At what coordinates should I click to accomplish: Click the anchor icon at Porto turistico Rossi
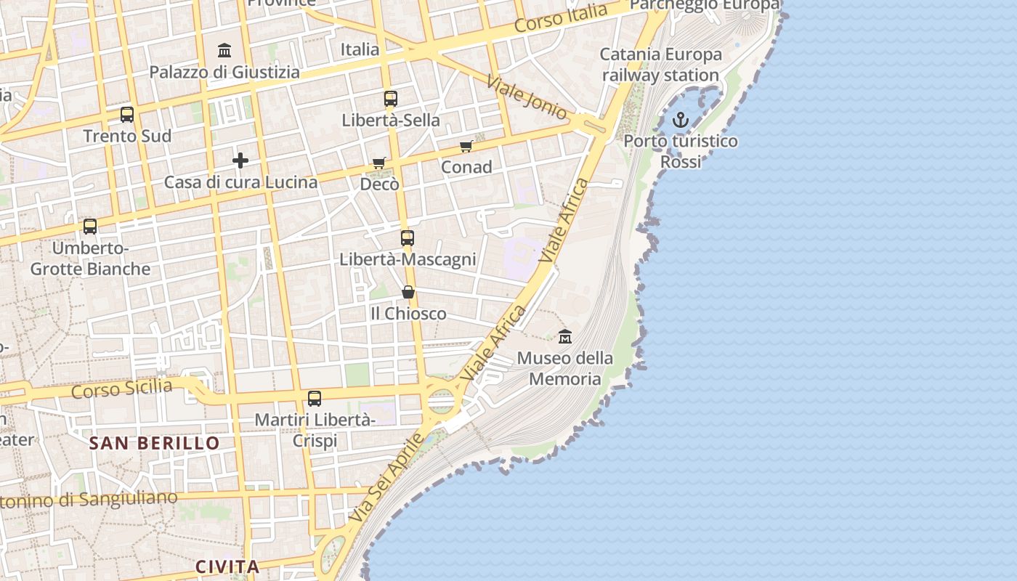click(681, 120)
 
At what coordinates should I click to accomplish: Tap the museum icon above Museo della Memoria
click(565, 336)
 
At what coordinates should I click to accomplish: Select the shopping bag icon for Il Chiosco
click(408, 292)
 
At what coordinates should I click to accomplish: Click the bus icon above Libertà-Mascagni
click(408, 237)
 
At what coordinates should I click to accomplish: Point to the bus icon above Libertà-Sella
click(391, 99)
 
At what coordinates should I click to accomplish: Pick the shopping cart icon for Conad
click(466, 146)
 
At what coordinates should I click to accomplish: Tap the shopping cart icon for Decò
click(378, 163)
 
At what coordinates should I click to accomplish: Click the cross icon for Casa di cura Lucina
click(240, 161)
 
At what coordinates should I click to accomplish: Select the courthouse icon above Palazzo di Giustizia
click(224, 51)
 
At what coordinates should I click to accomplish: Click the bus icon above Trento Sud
click(127, 115)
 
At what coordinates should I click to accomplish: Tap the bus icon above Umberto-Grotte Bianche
click(90, 227)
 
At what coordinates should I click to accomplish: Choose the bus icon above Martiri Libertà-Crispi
click(315, 399)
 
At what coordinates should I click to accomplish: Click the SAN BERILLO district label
click(154, 443)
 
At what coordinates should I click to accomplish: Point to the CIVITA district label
click(227, 566)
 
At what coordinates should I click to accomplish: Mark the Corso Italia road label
click(561, 18)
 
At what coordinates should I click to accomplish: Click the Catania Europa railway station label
click(660, 65)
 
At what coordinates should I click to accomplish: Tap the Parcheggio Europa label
click(704, 5)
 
